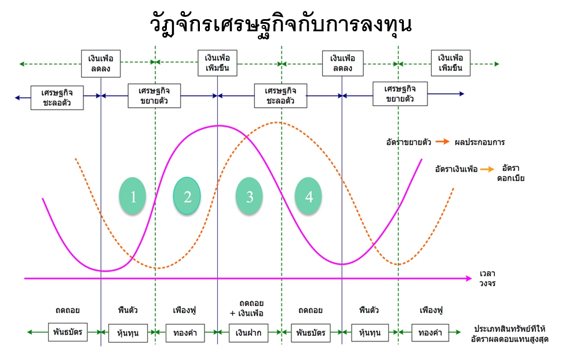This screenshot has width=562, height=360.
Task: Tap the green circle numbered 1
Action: (133, 197)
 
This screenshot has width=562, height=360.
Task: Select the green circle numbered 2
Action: (187, 197)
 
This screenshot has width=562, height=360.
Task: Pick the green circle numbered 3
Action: (250, 197)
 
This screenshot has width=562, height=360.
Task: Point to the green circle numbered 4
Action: (309, 197)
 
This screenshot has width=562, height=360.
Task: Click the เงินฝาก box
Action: (250, 333)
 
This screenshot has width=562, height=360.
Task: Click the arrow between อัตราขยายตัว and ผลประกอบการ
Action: (443, 141)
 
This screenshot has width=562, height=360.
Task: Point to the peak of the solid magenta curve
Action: (218, 125)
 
